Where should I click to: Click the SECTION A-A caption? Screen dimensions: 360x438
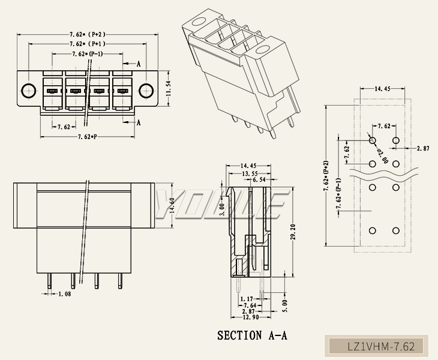click(x=252, y=335)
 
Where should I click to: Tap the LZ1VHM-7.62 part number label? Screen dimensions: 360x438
click(x=381, y=346)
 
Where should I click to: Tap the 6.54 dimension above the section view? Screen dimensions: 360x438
click(x=259, y=180)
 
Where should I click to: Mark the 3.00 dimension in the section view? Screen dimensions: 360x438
click(x=221, y=209)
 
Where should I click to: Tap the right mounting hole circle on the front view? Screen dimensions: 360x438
click(x=145, y=91)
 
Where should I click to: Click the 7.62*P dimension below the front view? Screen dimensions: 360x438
click(x=88, y=137)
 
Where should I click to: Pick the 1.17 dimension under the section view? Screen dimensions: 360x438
click(x=245, y=298)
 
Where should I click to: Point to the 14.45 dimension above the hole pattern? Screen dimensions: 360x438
click(x=383, y=89)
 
